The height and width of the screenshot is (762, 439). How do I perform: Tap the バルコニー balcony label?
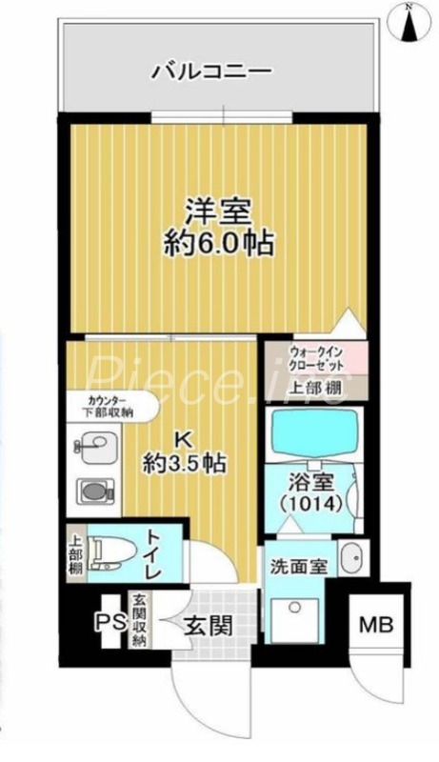click(x=212, y=71)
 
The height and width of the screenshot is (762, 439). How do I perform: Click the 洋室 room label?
click(x=217, y=211)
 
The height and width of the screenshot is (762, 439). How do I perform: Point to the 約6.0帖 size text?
click(x=217, y=243)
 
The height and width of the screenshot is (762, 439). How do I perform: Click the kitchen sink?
click(x=91, y=444)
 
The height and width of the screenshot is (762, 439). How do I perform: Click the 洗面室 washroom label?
click(x=299, y=565)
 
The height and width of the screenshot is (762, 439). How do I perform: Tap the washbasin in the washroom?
click(x=350, y=555)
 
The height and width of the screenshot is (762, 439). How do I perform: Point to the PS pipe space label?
click(x=105, y=624)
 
